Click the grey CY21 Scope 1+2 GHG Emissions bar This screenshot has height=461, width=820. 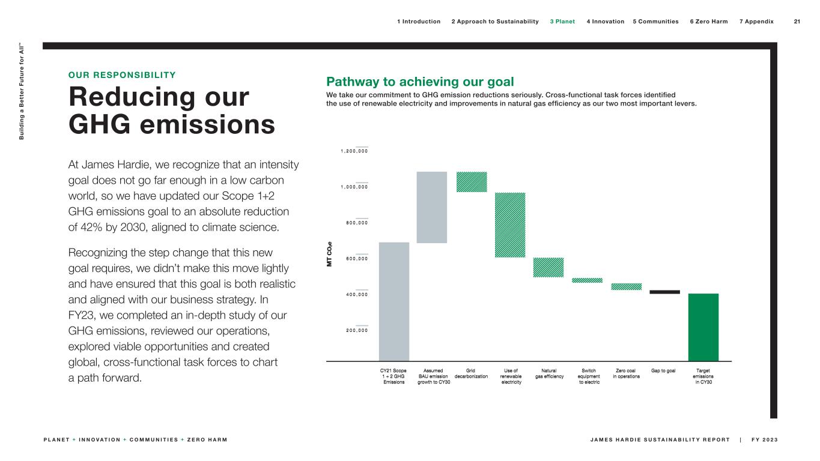tap(394, 301)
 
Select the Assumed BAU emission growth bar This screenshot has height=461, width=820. tap(433, 207)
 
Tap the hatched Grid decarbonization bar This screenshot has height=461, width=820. tap(472, 182)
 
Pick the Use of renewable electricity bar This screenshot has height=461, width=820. tap(510, 225)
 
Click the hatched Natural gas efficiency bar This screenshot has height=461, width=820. tap(548, 268)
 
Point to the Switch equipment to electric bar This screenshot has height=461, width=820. tap(587, 280)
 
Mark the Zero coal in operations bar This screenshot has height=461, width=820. tap(626, 287)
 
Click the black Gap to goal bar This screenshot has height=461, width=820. tap(664, 292)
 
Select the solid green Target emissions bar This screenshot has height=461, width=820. tap(703, 327)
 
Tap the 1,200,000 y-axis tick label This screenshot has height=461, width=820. tap(355, 151)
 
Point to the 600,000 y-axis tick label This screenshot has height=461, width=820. tap(355, 259)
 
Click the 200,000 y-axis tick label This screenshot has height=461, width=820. tap(355, 330)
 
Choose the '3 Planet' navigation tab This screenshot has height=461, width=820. tap(562, 22)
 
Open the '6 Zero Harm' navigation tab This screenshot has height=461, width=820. tap(708, 22)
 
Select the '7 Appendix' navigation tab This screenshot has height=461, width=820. tap(756, 22)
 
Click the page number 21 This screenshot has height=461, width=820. tap(797, 22)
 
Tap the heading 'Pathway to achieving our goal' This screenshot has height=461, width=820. tap(420, 82)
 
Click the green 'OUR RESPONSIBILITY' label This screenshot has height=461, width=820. tap(123, 75)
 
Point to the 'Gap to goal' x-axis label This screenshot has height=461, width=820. tap(663, 370)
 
